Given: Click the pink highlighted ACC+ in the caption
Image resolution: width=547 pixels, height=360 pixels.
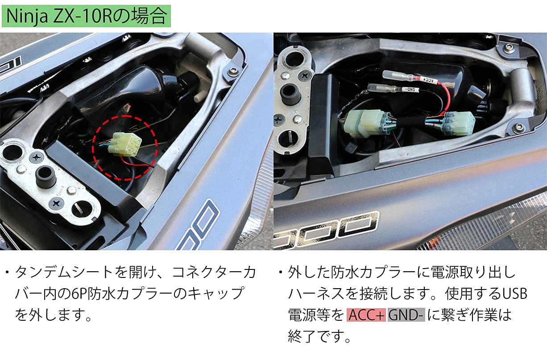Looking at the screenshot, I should pyautogui.click(x=365, y=315).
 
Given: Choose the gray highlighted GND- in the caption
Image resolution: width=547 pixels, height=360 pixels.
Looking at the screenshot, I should pyautogui.click(x=406, y=315).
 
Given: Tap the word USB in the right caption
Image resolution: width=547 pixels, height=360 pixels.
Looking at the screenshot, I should pyautogui.click(x=514, y=294).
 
